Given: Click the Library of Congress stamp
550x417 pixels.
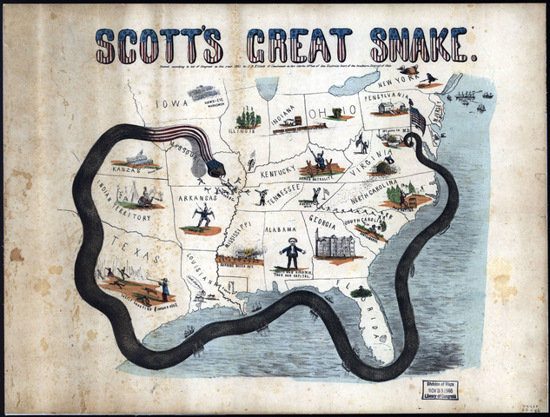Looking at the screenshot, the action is [441, 388].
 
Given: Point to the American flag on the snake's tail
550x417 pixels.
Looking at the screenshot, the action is [417, 119].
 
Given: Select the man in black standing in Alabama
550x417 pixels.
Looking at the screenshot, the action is [293, 251].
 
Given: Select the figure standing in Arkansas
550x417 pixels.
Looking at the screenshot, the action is [202, 216].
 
